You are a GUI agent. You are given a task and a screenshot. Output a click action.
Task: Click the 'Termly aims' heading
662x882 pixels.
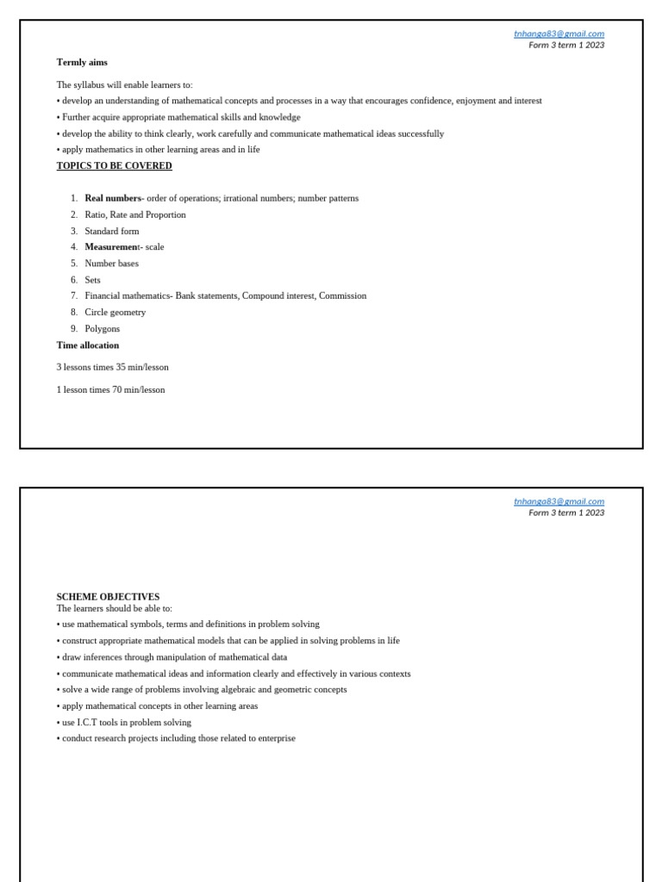pyautogui.click(x=82, y=62)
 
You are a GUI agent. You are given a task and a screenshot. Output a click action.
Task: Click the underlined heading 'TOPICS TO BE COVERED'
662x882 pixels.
pyautogui.click(x=114, y=165)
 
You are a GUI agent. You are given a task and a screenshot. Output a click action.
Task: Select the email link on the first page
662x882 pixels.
pyautogui.click(x=559, y=34)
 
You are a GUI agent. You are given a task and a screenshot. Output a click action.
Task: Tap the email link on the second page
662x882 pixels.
pyautogui.click(x=559, y=501)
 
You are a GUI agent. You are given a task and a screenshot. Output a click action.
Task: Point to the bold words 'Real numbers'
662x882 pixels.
pyautogui.click(x=113, y=198)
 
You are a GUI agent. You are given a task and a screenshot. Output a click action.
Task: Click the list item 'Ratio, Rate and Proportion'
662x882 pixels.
pyautogui.click(x=135, y=214)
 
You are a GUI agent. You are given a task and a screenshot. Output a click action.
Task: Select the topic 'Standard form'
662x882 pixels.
pyautogui.click(x=112, y=231)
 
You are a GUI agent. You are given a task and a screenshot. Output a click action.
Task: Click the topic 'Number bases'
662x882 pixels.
pyautogui.click(x=112, y=264)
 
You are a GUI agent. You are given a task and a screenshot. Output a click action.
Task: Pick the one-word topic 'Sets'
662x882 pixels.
pyautogui.click(x=93, y=280)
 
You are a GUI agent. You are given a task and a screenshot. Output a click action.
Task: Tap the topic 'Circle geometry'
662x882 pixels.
pyautogui.click(x=116, y=312)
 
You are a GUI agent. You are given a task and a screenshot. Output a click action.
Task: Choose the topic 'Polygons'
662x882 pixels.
pyautogui.click(x=103, y=328)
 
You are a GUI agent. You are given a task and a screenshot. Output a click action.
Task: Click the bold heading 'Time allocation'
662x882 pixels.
pyautogui.click(x=88, y=345)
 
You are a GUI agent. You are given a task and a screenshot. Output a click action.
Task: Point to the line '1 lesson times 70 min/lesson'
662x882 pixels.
pyautogui.click(x=110, y=389)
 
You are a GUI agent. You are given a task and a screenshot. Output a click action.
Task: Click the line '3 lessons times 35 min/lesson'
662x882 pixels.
pyautogui.click(x=112, y=367)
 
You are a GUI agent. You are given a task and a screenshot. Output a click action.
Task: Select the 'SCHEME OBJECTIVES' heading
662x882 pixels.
pyautogui.click(x=108, y=597)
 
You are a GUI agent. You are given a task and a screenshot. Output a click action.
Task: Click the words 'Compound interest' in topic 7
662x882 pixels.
pyautogui.click(x=278, y=295)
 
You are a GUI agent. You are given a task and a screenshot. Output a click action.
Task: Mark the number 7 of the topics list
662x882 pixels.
pyautogui.click(x=74, y=295)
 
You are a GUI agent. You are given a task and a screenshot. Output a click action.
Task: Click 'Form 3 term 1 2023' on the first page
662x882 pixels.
pyautogui.click(x=566, y=45)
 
